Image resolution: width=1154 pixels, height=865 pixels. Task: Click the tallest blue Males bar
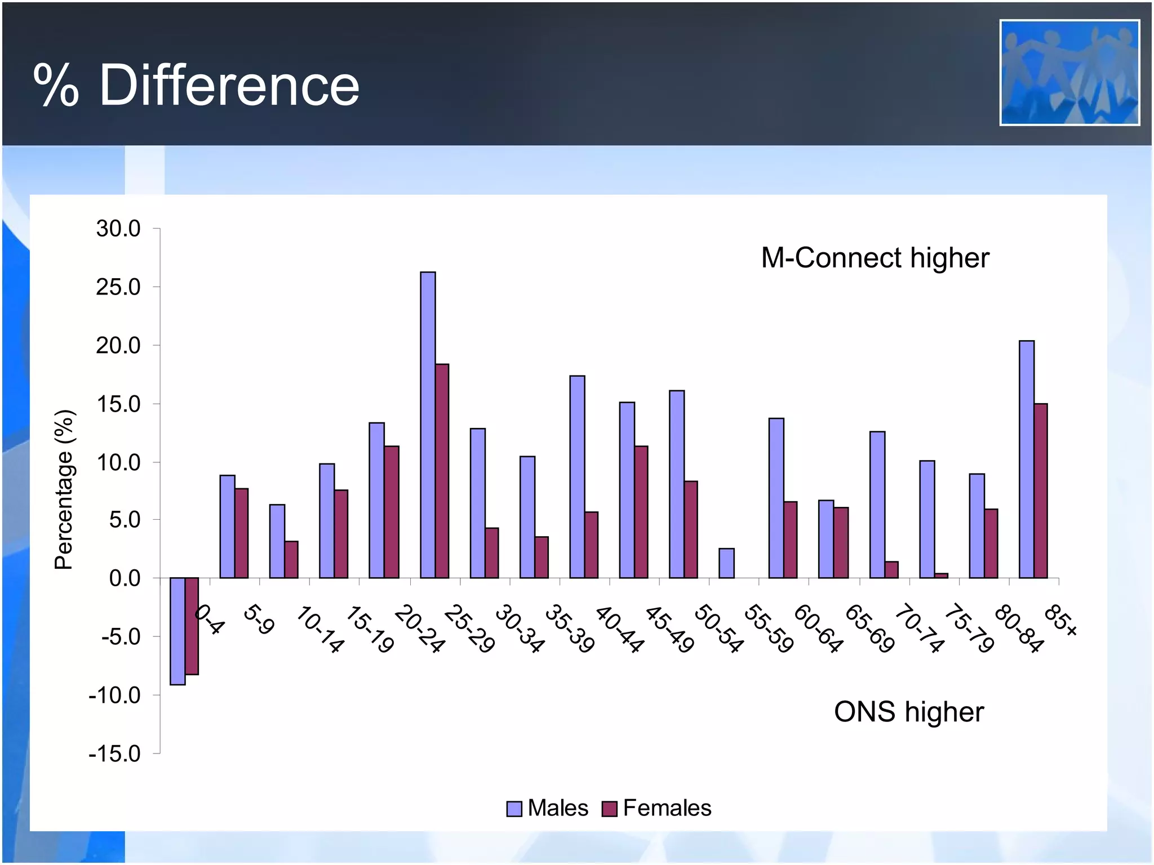(428, 425)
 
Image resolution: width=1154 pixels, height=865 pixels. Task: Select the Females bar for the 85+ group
(1041, 491)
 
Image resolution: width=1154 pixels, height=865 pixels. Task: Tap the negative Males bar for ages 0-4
(177, 631)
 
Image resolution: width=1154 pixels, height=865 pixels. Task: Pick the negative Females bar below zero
(192, 626)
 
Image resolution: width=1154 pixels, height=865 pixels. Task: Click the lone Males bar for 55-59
(726, 563)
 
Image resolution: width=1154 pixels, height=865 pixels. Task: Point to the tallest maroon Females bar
(442, 471)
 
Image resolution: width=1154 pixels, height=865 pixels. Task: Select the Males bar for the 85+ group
(1027, 459)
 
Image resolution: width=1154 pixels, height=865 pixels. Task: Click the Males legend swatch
(514, 809)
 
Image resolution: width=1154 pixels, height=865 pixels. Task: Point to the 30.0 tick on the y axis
(118, 229)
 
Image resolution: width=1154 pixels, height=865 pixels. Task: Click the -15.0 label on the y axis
(115, 753)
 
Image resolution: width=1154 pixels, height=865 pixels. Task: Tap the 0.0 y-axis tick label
(125, 578)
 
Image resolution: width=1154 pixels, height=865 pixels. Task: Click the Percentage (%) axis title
(64, 489)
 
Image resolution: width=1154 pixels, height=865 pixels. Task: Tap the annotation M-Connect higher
(875, 258)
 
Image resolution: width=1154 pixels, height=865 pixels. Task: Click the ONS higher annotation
(908, 712)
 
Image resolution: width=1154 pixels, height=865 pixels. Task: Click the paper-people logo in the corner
(1069, 73)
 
